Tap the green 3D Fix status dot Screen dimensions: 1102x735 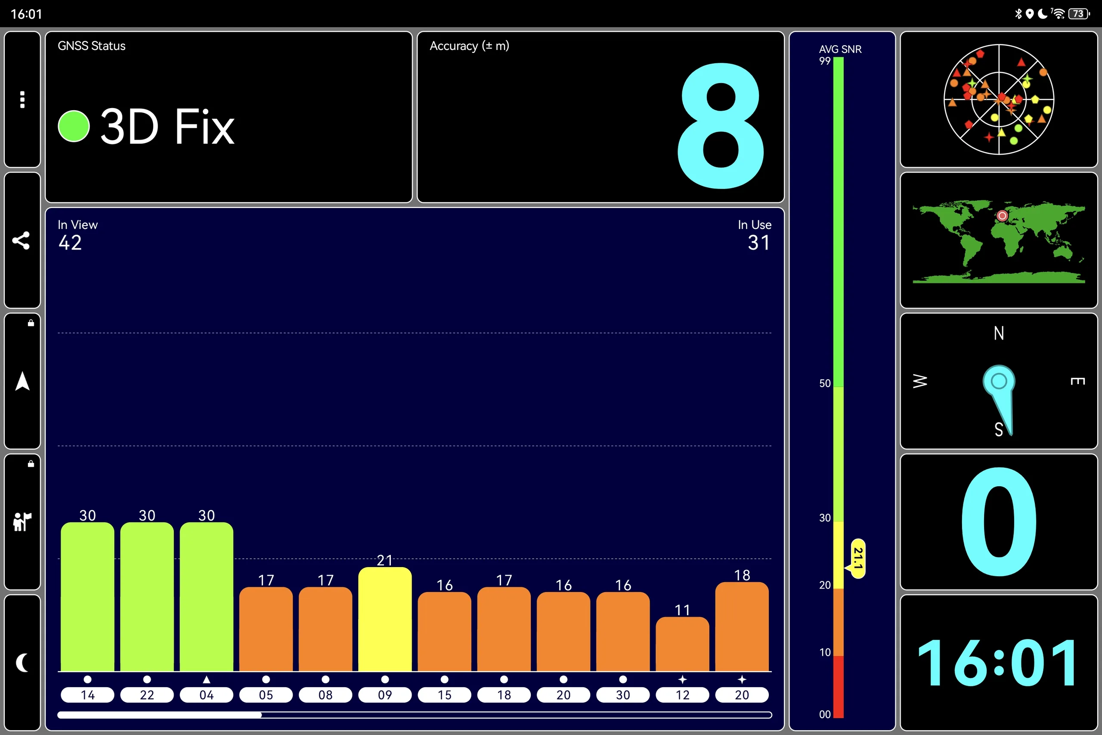click(x=74, y=126)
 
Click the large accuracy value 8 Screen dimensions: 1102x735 click(x=721, y=126)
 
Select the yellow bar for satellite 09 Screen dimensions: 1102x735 click(x=385, y=619)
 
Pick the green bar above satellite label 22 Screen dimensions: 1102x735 click(x=147, y=597)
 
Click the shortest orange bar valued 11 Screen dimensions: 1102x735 click(x=682, y=644)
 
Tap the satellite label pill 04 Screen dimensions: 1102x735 click(x=206, y=695)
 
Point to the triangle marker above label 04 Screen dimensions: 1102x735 click(x=206, y=679)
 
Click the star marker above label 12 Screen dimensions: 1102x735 click(x=682, y=679)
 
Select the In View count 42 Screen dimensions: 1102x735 click(x=70, y=243)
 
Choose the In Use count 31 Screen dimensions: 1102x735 click(x=758, y=243)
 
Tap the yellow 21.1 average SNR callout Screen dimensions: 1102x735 click(x=857, y=558)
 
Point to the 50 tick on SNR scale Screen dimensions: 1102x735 click(x=825, y=384)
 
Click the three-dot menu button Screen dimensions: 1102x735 click(x=22, y=99)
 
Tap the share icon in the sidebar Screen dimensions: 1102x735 click(x=21, y=240)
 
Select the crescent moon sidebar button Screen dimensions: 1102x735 click(x=22, y=662)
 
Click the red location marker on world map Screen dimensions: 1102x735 click(x=1002, y=216)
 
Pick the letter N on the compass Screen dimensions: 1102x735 click(x=999, y=333)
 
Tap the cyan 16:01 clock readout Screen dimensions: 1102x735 click(x=998, y=663)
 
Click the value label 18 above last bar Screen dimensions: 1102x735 click(x=742, y=575)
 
